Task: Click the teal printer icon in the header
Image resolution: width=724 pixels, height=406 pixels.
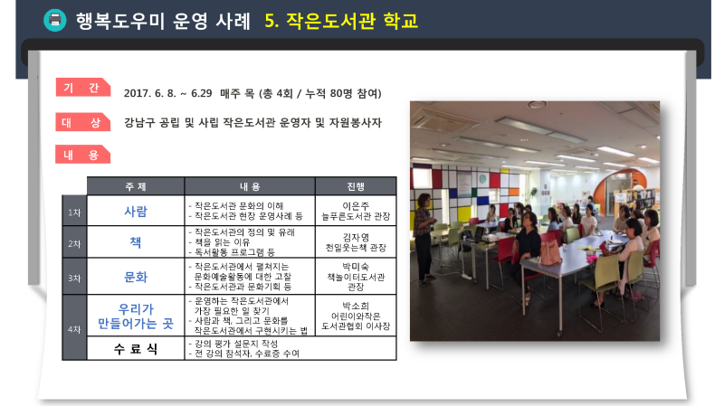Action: click(55, 20)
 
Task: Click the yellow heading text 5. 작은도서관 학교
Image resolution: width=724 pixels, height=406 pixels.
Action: click(341, 21)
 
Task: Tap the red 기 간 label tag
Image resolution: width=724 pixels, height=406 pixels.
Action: click(82, 87)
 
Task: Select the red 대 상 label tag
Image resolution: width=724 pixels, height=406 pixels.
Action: click(82, 122)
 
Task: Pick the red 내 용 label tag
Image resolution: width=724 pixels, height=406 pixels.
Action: click(82, 155)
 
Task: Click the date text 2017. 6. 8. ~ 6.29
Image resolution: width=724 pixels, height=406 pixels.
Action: click(167, 94)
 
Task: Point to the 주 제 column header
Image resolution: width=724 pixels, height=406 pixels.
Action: click(135, 186)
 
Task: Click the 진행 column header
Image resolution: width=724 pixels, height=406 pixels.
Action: click(356, 186)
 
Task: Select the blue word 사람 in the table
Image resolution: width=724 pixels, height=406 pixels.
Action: click(136, 212)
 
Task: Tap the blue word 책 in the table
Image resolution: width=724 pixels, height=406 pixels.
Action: click(135, 242)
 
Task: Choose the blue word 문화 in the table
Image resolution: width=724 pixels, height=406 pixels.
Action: click(136, 277)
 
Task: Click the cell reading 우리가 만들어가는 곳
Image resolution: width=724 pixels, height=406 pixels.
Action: click(135, 316)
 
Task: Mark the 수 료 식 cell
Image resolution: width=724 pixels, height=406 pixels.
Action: click(135, 349)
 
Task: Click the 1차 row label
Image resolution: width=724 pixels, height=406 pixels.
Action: click(74, 212)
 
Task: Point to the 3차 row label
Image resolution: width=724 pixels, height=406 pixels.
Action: click(74, 279)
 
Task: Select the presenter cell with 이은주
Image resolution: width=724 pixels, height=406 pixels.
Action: click(356, 211)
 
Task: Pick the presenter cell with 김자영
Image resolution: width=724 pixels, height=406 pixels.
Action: click(356, 242)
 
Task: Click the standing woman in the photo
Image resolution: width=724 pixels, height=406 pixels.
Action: click(424, 238)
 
